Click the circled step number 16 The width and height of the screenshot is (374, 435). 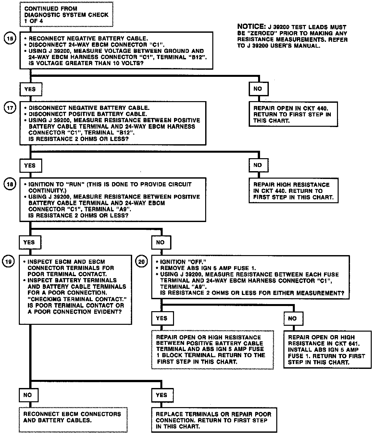pos(10,39)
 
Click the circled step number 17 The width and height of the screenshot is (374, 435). pos(10,108)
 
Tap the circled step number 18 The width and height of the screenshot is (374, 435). pos(10,184)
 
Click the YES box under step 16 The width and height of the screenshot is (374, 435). pos(30,89)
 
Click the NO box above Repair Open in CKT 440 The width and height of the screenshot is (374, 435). pos(258,89)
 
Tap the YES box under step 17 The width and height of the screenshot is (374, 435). pos(30,165)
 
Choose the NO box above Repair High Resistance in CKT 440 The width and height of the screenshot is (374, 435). pos(258,165)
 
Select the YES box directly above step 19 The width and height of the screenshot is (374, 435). pos(29,242)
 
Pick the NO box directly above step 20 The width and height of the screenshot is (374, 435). pos(160,242)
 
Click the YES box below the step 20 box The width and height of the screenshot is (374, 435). pos(161,318)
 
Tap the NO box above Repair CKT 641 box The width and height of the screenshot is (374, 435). pos(292,318)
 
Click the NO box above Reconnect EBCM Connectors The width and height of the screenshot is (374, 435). pos(28,395)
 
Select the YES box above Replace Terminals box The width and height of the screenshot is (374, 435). pos(161,395)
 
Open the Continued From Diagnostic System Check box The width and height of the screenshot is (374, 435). pos(67,14)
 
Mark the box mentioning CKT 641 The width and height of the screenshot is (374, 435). pos(327,349)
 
